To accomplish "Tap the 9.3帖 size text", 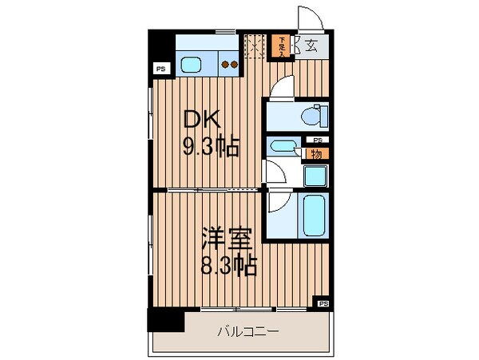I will [210, 147].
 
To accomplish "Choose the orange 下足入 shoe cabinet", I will [283, 47].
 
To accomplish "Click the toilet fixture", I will [314, 116].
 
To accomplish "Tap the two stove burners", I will [229, 65].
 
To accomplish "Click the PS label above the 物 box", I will [317, 140].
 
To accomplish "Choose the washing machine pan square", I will [315, 176].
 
